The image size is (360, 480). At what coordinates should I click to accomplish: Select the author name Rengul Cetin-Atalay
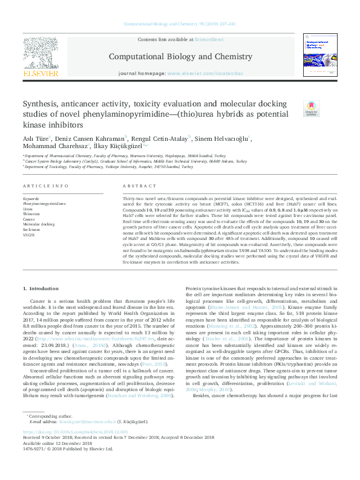tap(162, 138)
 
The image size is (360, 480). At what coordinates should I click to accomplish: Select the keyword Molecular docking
tap(39, 224)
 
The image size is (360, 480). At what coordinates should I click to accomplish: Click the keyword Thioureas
tap(31, 214)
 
